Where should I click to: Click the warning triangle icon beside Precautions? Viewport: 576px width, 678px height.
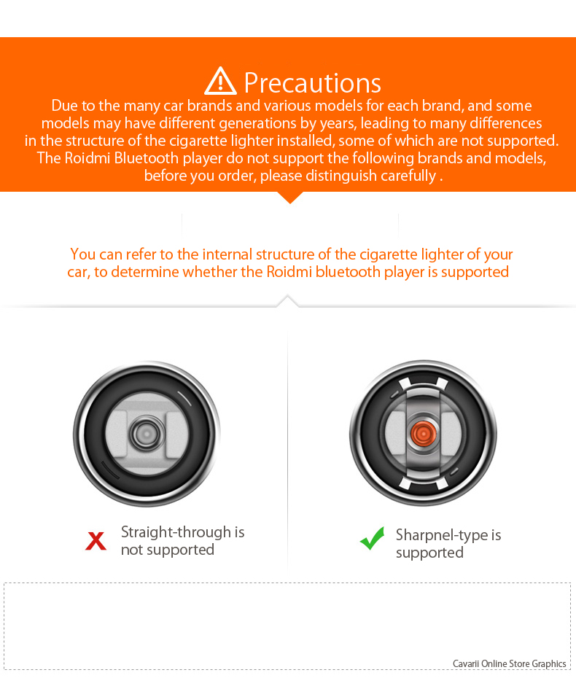coord(220,81)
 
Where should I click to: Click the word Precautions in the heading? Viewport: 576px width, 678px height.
coord(312,82)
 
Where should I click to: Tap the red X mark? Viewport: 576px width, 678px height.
coord(96,540)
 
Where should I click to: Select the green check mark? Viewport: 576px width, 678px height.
coord(372,538)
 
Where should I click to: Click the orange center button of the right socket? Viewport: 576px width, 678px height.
coord(424,433)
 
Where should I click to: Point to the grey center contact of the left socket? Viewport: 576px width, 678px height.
coord(147,433)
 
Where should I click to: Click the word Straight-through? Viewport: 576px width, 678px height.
coord(176,532)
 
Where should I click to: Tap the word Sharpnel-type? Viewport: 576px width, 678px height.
coord(442,535)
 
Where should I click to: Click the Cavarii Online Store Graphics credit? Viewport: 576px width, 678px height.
coord(510,663)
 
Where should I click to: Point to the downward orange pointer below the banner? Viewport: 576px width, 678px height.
coord(289,198)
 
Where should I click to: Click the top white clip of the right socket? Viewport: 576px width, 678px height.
coord(424,383)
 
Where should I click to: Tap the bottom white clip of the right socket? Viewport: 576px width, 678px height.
coord(424,484)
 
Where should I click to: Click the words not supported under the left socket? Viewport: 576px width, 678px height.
coord(168,550)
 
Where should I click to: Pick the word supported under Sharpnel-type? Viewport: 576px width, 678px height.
coord(430,553)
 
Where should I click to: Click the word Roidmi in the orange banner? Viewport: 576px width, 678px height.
coord(87,158)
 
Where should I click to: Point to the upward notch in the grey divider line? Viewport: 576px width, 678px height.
coord(288,301)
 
